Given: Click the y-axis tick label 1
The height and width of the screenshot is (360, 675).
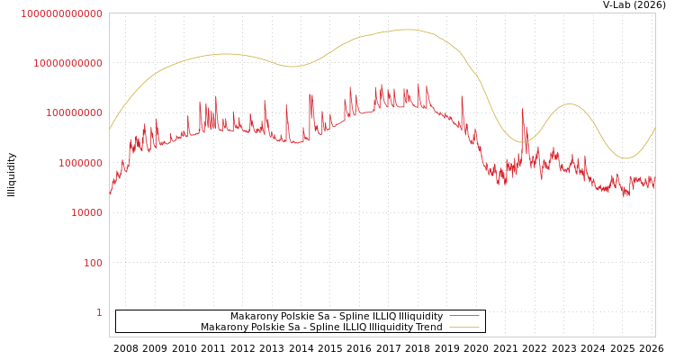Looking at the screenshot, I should (x=99, y=312).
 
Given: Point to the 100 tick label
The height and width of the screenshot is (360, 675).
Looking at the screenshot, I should (x=93, y=263).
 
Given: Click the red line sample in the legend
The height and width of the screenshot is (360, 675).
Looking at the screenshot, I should (x=463, y=316).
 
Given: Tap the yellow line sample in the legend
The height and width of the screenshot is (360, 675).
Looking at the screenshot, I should (x=463, y=327).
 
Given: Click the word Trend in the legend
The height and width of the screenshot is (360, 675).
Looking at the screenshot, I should (x=427, y=327).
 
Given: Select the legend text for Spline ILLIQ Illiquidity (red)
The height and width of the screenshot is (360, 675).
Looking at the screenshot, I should (x=384, y=316).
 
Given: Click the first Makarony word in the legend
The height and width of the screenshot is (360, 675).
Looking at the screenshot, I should (x=251, y=316).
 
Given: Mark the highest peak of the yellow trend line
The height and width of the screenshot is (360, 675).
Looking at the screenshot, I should (x=409, y=30).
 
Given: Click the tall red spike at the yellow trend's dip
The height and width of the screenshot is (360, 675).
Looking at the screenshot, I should (x=522, y=110).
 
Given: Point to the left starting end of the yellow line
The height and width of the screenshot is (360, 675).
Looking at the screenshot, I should (x=110, y=129).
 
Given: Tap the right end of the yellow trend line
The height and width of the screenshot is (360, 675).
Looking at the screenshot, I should (x=654, y=129).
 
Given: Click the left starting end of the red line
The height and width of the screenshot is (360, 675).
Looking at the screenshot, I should (x=110, y=194).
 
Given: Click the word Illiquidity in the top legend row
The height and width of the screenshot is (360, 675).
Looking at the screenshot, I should (x=421, y=316).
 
